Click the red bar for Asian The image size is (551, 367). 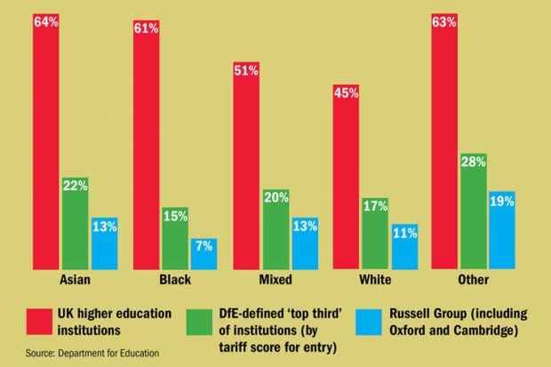47,142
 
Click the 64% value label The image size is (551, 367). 47,21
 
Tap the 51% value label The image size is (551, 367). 246,71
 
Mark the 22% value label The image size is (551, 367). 76,185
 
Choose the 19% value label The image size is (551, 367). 502,200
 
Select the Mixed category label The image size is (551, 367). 274,280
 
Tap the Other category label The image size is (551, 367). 473,280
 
